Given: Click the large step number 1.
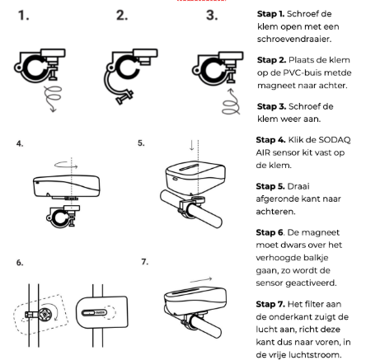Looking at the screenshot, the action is pos(23,16).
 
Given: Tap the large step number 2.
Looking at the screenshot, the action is pos(122,16).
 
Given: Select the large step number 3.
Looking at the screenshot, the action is pos(212,16).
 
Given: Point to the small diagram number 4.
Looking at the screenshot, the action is pos(20,143).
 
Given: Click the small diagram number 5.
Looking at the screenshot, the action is pos(141,143).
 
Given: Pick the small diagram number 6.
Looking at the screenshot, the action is pos(20,263).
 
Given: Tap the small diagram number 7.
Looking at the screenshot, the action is pos(145,262).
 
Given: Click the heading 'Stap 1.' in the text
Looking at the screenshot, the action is pos(270,14).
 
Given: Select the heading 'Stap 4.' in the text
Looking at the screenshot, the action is pos(270,140).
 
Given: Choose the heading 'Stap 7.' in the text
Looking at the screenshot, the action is pos(270,304).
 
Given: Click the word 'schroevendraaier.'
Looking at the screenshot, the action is pos(294,40).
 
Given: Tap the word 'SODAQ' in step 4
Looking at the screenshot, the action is pos(335,140).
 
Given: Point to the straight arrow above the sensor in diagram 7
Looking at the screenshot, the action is pos(201,280).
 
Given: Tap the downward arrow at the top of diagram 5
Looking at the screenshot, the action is pos(192,145).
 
